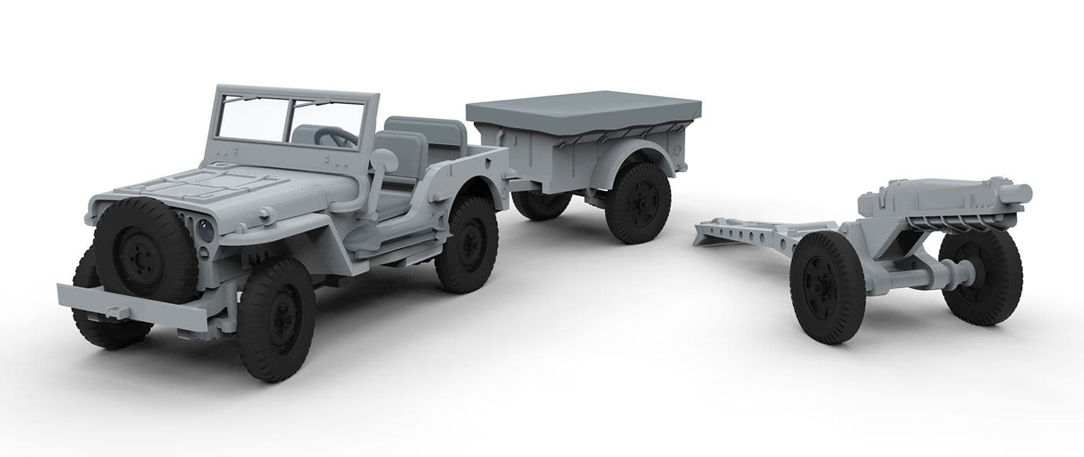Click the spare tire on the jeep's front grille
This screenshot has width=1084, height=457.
point(145,250)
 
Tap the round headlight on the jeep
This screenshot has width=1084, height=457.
point(207,231)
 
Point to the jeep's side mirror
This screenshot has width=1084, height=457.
point(382,161)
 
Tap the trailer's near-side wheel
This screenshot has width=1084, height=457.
point(637,202)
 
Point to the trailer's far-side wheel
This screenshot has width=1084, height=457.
point(541,205)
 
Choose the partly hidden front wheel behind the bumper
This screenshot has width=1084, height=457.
point(101,318)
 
